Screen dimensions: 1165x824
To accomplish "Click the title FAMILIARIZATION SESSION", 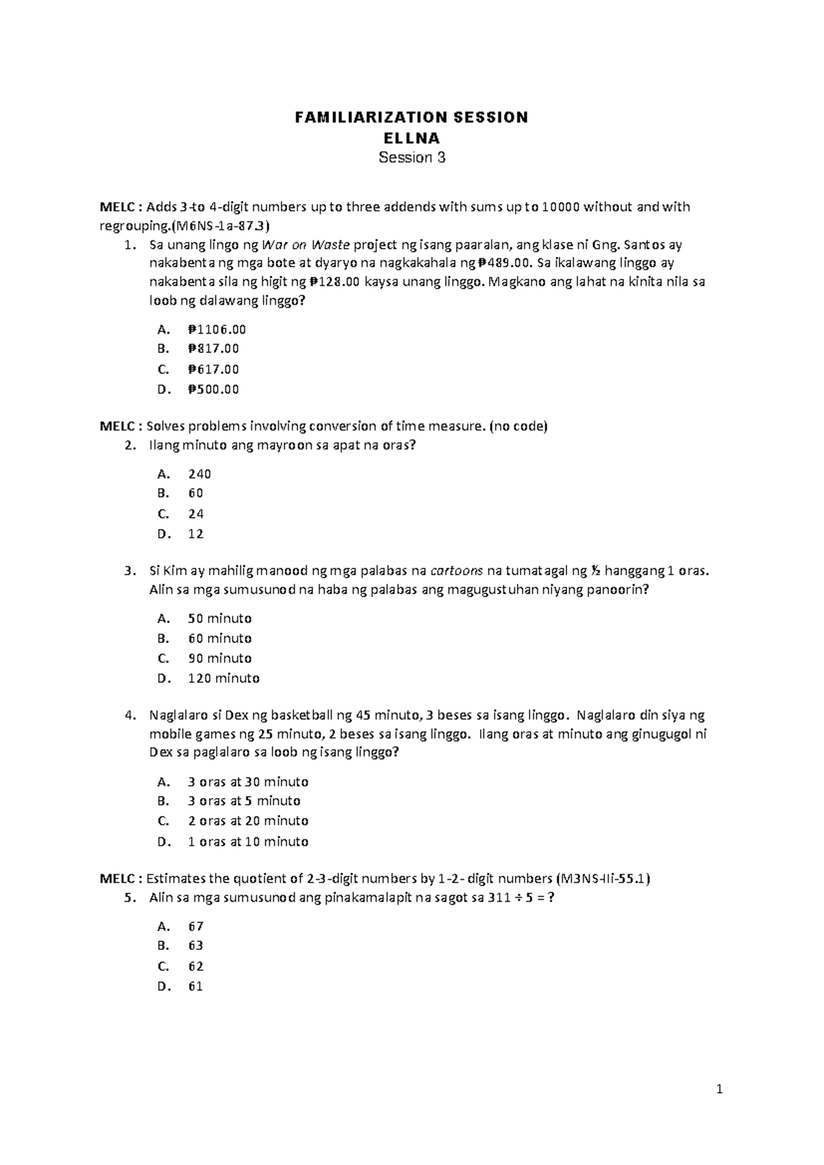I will click(411, 117).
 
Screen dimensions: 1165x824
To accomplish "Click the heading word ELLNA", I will click(411, 137).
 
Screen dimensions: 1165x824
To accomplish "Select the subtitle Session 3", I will click(412, 157).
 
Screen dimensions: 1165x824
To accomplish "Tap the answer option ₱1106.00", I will click(216, 330).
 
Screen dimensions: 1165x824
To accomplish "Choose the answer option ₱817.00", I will click(213, 349).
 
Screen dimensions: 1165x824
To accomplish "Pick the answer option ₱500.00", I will click(213, 389).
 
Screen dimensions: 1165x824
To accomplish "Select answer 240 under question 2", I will click(199, 474).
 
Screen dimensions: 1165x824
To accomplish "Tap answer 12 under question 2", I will click(196, 534).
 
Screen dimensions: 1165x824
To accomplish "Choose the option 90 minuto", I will click(220, 658).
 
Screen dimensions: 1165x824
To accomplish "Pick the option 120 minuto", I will click(223, 679).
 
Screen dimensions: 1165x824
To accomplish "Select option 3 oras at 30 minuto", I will click(247, 782).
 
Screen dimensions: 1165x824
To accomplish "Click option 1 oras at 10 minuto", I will click(247, 841).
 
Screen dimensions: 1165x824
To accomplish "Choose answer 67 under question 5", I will click(196, 927).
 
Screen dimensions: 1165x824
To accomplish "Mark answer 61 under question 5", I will click(196, 986).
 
